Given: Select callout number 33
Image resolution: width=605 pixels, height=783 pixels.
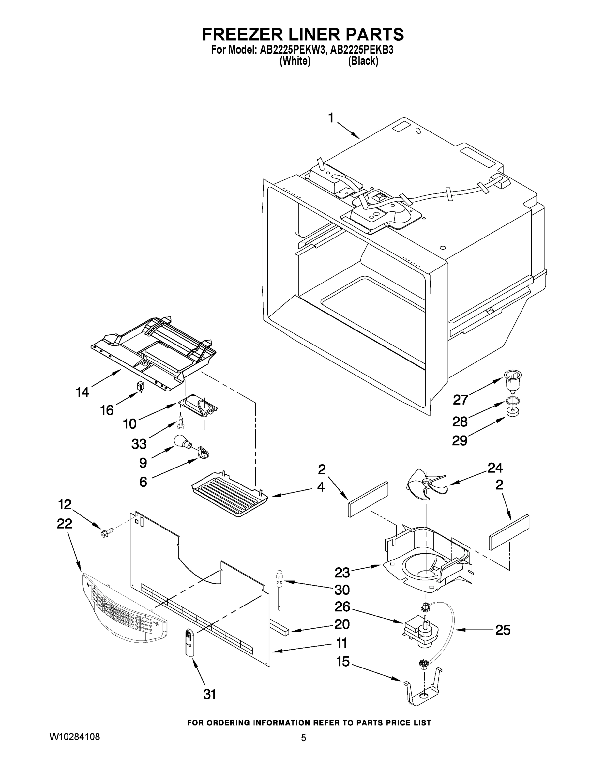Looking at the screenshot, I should tap(139, 444).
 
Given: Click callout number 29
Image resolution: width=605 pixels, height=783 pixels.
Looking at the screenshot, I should tap(460, 441).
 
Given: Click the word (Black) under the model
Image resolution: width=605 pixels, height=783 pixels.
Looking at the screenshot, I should tap(363, 61).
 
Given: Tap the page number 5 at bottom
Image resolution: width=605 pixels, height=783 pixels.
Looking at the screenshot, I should tap(304, 738).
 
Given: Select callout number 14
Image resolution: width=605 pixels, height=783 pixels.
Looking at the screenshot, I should tap(83, 392).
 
